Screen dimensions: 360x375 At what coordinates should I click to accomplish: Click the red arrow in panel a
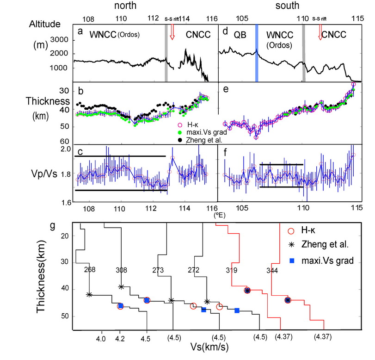(x=172, y=31)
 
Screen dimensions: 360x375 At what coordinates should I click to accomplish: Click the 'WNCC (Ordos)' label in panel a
(x=115, y=35)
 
